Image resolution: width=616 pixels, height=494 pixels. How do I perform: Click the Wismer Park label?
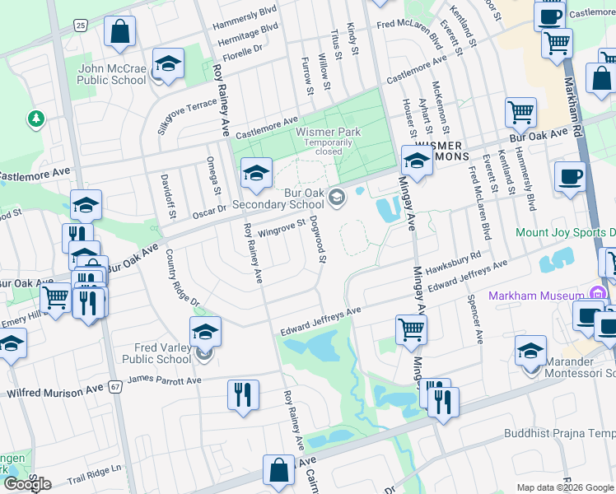(x=329, y=132)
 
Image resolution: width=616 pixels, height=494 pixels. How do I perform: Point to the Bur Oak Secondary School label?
(x=278, y=198)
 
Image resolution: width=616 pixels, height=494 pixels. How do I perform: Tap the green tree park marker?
(x=35, y=120)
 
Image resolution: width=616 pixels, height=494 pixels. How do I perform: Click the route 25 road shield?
(x=80, y=26)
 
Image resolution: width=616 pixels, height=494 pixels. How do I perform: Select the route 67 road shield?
(x=115, y=385)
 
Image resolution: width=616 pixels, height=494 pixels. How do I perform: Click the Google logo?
(x=27, y=483)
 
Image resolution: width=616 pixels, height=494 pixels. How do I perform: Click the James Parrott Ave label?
(x=165, y=380)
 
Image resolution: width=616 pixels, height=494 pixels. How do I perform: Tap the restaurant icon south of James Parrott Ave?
(x=244, y=395)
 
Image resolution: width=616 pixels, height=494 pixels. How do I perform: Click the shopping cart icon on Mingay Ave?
(x=411, y=329)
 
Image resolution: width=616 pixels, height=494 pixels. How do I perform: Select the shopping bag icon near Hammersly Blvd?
(x=121, y=31)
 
